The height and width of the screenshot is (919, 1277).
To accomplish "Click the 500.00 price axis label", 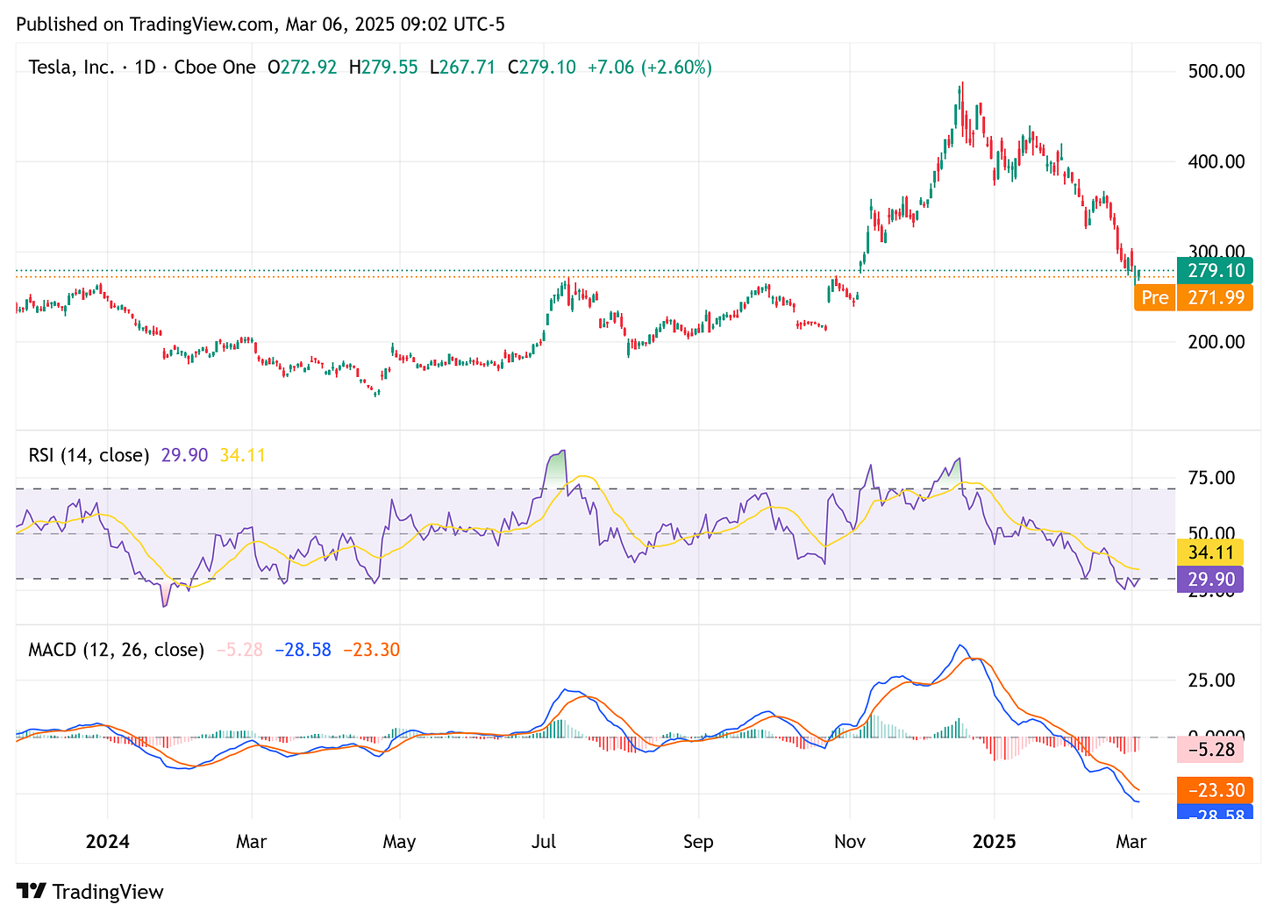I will point(1216,71).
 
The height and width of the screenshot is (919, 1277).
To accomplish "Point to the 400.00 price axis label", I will point(1216,161).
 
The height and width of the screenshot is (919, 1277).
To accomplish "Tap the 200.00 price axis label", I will point(1216,342).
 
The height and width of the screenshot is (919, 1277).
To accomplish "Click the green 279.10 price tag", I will point(1215,272).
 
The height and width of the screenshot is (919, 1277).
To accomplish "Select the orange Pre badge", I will point(1154,298).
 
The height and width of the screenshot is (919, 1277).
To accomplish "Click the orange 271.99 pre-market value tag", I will point(1216,298).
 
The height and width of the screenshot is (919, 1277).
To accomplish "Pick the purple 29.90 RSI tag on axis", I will point(1210,579).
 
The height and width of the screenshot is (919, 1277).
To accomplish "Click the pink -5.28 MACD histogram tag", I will point(1210,750).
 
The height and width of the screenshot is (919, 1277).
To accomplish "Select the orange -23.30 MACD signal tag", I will point(1216,790).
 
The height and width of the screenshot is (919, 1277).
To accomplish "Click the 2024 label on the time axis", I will point(107,842).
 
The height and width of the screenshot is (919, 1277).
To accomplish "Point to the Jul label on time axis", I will point(544,842).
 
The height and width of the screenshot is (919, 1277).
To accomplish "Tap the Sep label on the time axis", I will point(698,842).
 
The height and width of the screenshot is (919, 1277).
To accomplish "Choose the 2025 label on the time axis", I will point(995,842).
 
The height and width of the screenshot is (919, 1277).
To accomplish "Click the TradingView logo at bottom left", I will point(90,892).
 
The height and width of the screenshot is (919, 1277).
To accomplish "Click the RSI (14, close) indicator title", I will point(89,455).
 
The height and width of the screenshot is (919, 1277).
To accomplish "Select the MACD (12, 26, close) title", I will point(116,650).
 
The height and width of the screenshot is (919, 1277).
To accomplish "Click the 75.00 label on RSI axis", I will point(1210,478).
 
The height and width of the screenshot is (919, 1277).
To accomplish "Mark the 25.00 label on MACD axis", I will point(1210,680).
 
